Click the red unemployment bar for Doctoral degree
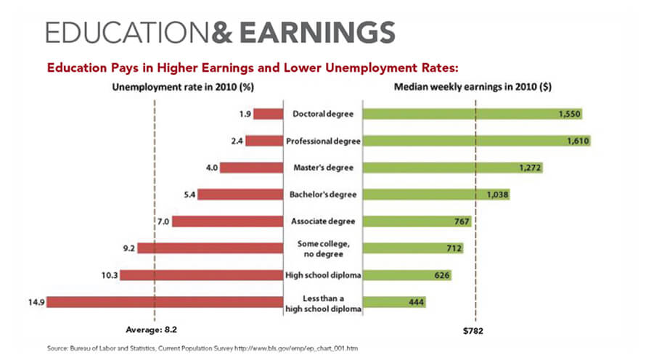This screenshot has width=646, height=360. pos(268,114)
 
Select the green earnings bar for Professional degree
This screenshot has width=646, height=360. pos(476,141)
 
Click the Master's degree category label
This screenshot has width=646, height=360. pos(322,168)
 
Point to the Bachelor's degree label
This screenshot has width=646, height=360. pos(322,195)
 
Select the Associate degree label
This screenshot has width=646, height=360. pos(322,221)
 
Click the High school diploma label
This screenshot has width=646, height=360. pos(322,275)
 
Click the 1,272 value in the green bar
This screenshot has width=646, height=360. pos(530,168)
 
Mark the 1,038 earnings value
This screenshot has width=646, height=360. pos(498,195)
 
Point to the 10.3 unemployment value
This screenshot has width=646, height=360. pos(110,275)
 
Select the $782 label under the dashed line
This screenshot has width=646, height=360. pos(473,331)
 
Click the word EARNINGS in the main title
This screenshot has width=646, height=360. pos(319,33)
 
